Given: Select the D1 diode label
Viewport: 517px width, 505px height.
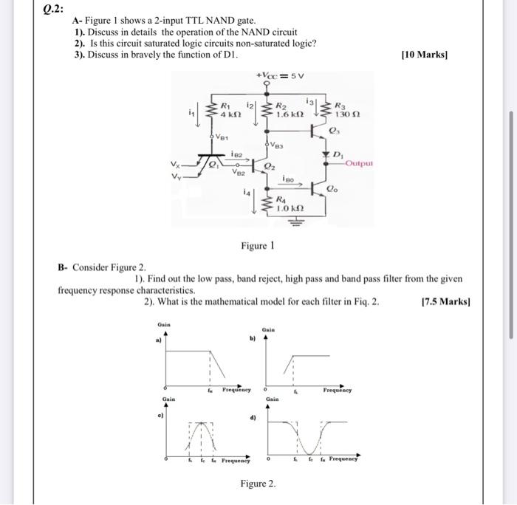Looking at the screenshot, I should tap(337, 155).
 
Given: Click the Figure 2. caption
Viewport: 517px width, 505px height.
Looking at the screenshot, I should tap(258, 483).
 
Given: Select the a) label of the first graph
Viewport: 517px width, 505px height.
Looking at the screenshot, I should tap(157, 341).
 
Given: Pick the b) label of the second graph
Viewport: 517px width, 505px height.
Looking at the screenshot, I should tap(252, 340).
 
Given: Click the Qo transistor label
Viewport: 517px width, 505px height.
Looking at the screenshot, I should tap(333, 190).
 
